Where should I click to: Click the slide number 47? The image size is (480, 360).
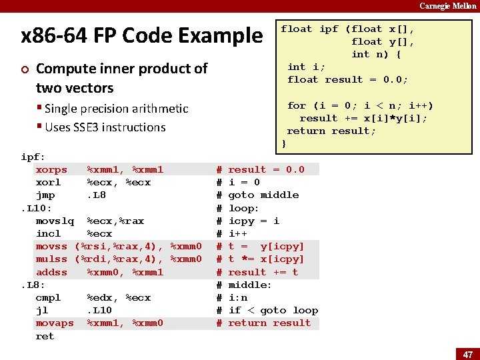coord(468,354)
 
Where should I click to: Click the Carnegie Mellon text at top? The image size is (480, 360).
coord(448,6)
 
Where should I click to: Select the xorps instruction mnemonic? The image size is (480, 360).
coord(51,170)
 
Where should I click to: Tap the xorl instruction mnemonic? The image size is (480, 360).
coord(48,183)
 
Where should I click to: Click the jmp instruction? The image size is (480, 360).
coord(45,195)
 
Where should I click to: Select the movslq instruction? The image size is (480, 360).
coord(55,221)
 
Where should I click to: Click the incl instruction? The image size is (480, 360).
coord(48,234)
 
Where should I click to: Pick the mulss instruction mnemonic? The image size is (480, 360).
coord(51,259)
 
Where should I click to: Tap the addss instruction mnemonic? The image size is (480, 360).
coord(51,272)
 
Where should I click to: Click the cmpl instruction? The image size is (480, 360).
coord(48,298)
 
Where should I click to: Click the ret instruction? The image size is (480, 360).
coord(45,337)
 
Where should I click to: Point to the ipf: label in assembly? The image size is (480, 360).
coord(33,157)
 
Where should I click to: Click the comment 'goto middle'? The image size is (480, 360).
coord(263,195)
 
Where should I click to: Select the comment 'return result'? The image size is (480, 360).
coord(269,323)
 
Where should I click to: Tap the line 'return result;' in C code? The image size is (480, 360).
coord(331,131)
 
